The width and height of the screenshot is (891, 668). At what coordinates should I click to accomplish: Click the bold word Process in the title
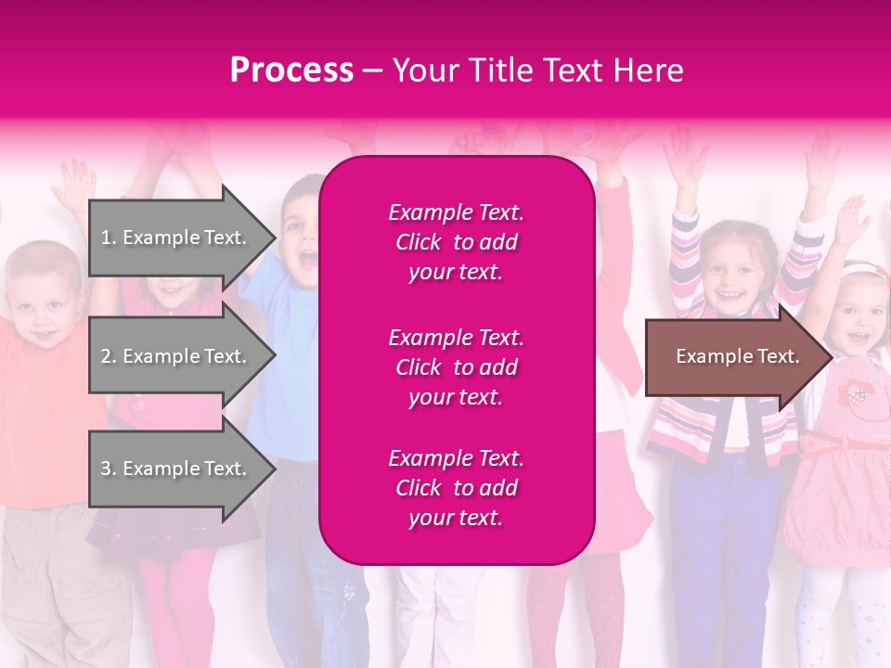(x=291, y=71)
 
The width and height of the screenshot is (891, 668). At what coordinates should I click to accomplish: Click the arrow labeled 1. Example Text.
(x=173, y=238)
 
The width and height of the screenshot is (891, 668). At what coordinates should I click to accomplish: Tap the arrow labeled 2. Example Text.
(x=173, y=356)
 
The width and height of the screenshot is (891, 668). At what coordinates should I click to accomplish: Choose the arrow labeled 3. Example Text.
(x=173, y=469)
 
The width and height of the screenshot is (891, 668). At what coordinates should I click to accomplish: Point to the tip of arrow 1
(x=274, y=238)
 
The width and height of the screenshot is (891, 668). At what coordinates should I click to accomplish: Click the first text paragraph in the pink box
(x=456, y=242)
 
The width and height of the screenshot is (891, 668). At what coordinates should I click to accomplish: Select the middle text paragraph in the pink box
(x=456, y=367)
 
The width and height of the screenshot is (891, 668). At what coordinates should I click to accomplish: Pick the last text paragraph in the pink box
(x=456, y=488)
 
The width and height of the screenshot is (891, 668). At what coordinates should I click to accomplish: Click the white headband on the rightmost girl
(x=863, y=270)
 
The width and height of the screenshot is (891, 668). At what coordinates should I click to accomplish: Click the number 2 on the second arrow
(x=105, y=356)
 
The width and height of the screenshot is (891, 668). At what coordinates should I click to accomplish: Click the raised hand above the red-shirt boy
(x=72, y=186)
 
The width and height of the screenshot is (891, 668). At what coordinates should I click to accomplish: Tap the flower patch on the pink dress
(x=853, y=394)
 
